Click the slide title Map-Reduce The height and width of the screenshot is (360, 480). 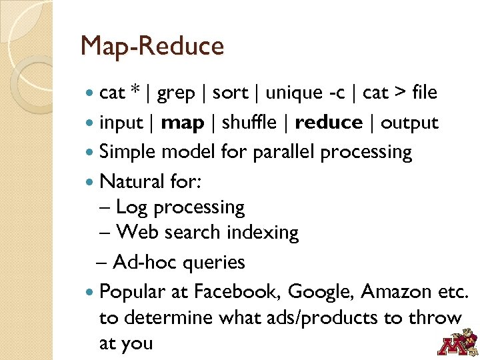tap(152, 47)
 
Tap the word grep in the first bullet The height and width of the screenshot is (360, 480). tap(176, 93)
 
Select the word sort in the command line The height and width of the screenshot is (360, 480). tap(230, 93)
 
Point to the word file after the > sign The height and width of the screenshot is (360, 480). tap(425, 93)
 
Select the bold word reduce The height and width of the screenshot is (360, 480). tap(329, 123)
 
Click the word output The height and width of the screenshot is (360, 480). tap(409, 123)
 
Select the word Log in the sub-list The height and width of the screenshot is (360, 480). tap(131, 207)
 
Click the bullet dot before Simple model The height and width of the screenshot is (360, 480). tap(91, 152)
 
